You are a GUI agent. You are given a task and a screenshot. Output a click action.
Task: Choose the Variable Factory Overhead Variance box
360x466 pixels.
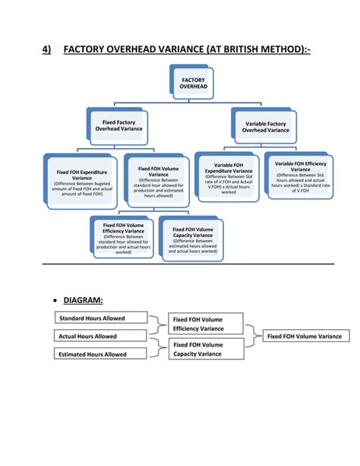coord(265,125)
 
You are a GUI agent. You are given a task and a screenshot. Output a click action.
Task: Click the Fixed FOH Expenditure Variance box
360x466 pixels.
coord(82,182)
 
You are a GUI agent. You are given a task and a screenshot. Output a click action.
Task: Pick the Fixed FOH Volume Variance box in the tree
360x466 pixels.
coord(158,182)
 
